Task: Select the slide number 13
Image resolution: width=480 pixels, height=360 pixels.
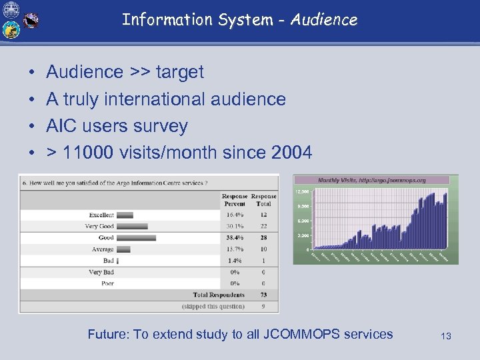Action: tap(446, 336)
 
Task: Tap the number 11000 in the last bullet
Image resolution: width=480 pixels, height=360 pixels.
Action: tap(89, 153)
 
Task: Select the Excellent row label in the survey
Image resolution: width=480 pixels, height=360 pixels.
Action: tap(101, 215)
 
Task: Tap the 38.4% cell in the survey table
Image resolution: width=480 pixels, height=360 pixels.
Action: tap(234, 237)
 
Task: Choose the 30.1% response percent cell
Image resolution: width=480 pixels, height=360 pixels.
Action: tap(234, 227)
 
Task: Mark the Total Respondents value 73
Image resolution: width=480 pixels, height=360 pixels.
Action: tap(263, 295)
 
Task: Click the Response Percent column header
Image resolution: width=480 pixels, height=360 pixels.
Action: tap(234, 200)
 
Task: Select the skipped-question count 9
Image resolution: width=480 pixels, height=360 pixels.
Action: tap(263, 307)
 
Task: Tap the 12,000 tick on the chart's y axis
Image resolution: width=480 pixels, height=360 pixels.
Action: tap(303, 191)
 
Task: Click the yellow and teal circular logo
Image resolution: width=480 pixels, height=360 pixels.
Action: tap(11, 30)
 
